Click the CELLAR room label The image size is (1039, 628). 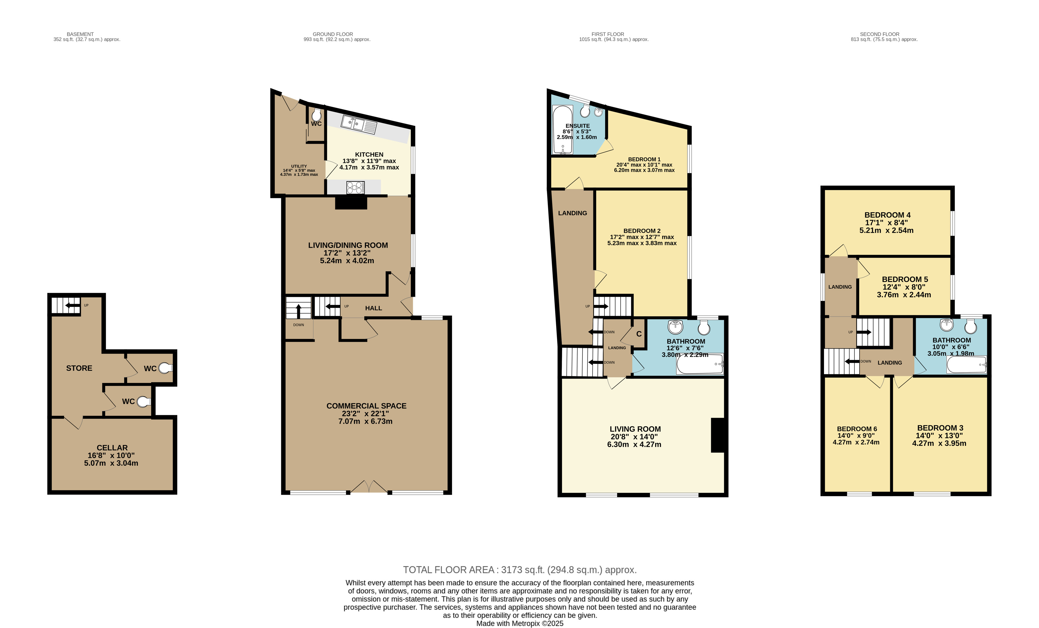[112, 448]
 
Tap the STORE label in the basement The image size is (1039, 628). [79, 368]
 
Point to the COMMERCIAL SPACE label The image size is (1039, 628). [366, 406]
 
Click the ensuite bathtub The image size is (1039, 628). [562, 130]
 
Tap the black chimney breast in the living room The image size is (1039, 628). [718, 435]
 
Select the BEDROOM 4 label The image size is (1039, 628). [887, 215]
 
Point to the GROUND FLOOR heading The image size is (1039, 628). [333, 34]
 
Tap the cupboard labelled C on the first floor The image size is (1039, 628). [639, 334]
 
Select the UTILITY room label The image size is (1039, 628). [299, 166]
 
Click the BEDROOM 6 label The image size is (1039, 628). [857, 429]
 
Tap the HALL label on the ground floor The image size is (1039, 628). [374, 308]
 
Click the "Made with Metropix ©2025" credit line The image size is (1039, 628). [519, 623]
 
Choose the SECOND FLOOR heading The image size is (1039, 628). [880, 34]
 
